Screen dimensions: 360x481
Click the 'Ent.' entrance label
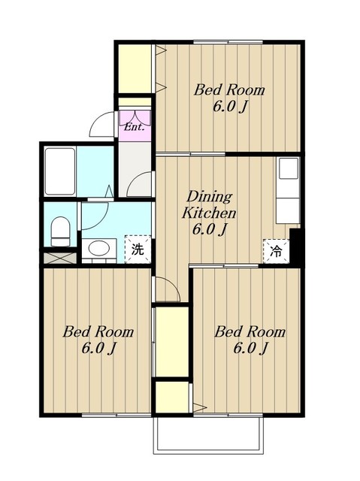[x=134, y=127]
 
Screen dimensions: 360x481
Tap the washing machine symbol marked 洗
[x=138, y=249]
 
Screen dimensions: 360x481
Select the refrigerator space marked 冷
[x=276, y=251]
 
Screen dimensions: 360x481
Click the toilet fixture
[x=60, y=231]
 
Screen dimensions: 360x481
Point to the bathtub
[x=60, y=171]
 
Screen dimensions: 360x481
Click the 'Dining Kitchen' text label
[x=209, y=204]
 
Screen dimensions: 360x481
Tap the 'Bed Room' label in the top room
[x=229, y=90]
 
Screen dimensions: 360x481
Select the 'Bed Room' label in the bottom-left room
[x=98, y=331]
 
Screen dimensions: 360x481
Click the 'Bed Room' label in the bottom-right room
[x=250, y=331]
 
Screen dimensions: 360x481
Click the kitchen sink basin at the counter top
[x=289, y=168]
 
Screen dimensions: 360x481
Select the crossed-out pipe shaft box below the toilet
[x=60, y=258]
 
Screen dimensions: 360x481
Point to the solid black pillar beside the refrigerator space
[x=297, y=247]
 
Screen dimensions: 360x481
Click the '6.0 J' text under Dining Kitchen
[x=210, y=229]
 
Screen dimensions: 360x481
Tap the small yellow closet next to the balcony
[x=172, y=398]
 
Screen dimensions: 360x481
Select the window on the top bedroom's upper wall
[x=228, y=42]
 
